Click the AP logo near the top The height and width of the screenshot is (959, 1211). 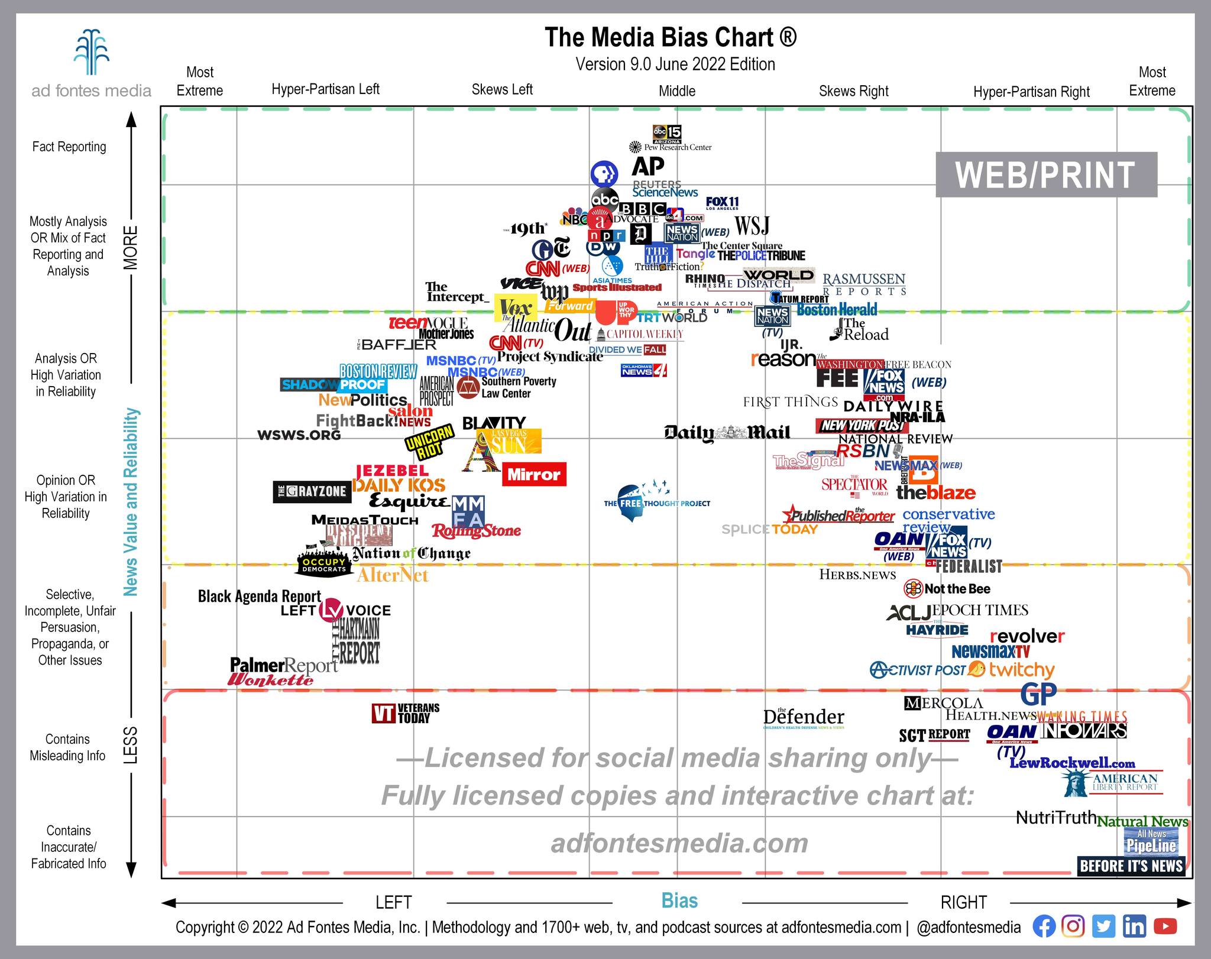tap(648, 166)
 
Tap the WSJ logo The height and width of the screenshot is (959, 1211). tap(752, 225)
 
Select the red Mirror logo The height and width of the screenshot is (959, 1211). tap(534, 474)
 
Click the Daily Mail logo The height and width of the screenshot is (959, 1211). tap(727, 433)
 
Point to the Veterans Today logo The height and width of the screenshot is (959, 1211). tap(406, 713)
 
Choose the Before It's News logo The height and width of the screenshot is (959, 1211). tap(1131, 866)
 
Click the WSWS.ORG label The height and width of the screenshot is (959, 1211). tap(299, 435)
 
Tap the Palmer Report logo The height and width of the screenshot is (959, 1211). tap(283, 665)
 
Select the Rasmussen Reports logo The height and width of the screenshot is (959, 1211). tap(864, 284)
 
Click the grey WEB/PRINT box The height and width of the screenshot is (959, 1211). tap(1045, 174)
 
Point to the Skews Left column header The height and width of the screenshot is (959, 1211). tap(502, 90)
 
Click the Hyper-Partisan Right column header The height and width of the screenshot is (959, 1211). tap(1031, 92)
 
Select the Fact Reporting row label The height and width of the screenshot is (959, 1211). tap(69, 147)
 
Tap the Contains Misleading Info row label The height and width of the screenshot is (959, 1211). tap(67, 747)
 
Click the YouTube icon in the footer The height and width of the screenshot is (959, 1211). tap(1165, 926)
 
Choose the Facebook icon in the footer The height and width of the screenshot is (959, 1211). tap(1044, 926)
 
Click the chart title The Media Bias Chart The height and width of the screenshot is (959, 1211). tap(671, 37)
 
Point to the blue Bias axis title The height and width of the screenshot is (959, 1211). tap(679, 900)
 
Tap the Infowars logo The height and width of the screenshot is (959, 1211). tap(1084, 731)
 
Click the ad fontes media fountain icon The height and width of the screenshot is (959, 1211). tap(92, 52)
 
